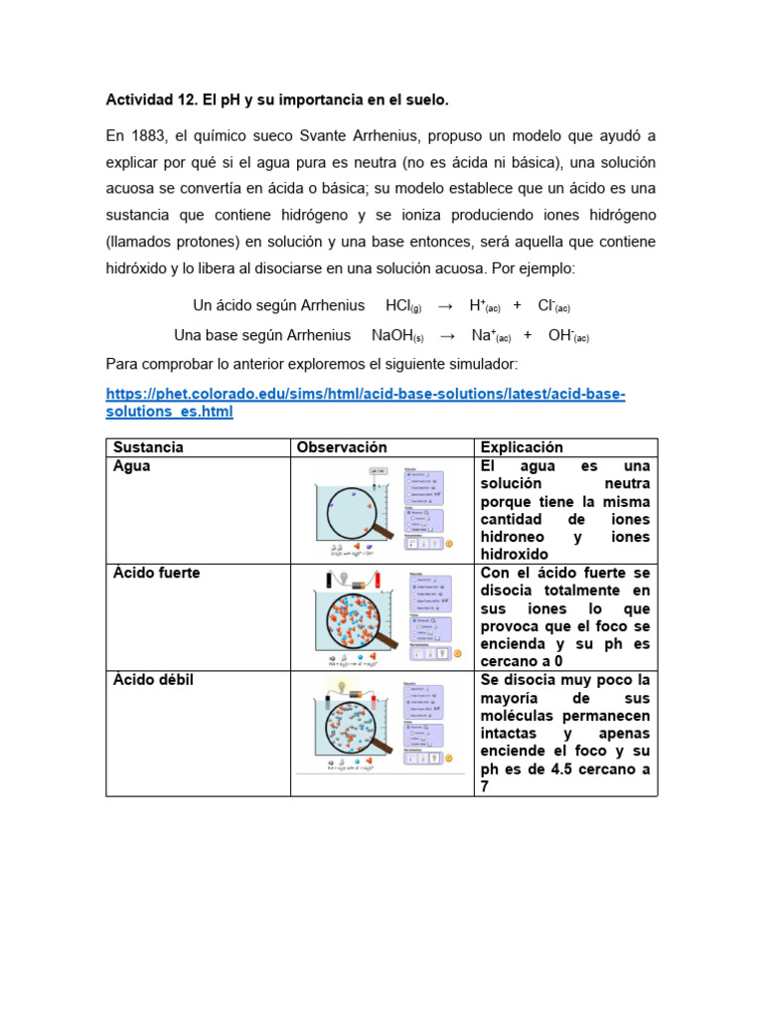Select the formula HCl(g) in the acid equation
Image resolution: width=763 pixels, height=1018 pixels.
[403, 306]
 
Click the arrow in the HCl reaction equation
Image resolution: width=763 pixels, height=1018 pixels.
[445, 306]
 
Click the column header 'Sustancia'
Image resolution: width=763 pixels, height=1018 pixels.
[148, 447]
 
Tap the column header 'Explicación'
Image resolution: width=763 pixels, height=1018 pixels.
[522, 447]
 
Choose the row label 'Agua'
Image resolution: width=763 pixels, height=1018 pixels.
[132, 466]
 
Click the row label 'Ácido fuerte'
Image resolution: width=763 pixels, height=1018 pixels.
[156, 574]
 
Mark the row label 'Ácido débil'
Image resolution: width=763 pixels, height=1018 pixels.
[153, 680]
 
